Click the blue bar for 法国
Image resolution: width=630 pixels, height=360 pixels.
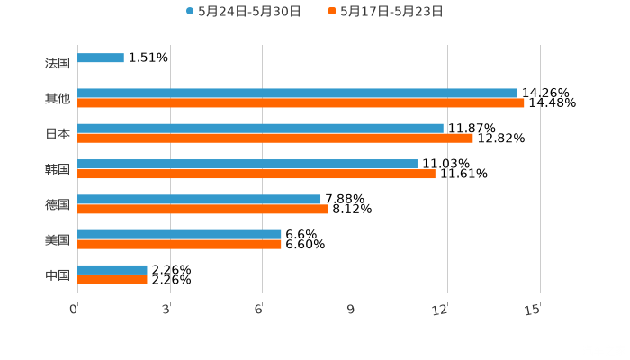pos(101,58)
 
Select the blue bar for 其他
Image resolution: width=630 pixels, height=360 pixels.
pos(297,94)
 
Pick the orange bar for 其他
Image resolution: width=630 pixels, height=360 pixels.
pos(301,103)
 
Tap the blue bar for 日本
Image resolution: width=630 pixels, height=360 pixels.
pos(260,129)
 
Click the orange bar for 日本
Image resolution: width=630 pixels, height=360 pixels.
pos(274,139)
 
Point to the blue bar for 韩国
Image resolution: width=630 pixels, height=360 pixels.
pos(247,164)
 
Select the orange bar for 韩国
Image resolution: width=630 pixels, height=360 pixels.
pos(256,174)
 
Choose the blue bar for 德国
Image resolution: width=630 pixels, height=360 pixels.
pos(199,199)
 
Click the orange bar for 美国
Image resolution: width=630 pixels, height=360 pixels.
pos(179,244)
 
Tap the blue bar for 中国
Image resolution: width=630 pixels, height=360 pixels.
pos(112,269)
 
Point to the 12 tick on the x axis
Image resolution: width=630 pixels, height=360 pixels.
pos(440,310)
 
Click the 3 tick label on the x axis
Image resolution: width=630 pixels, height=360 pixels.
pos(166,310)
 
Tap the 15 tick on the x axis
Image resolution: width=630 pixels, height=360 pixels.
pos(532,310)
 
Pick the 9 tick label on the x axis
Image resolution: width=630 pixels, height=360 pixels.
pos(351,310)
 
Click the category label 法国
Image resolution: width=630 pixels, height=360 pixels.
pos(57,64)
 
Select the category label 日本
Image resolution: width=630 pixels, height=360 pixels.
pos(57,134)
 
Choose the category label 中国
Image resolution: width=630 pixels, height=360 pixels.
pos(57,274)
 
